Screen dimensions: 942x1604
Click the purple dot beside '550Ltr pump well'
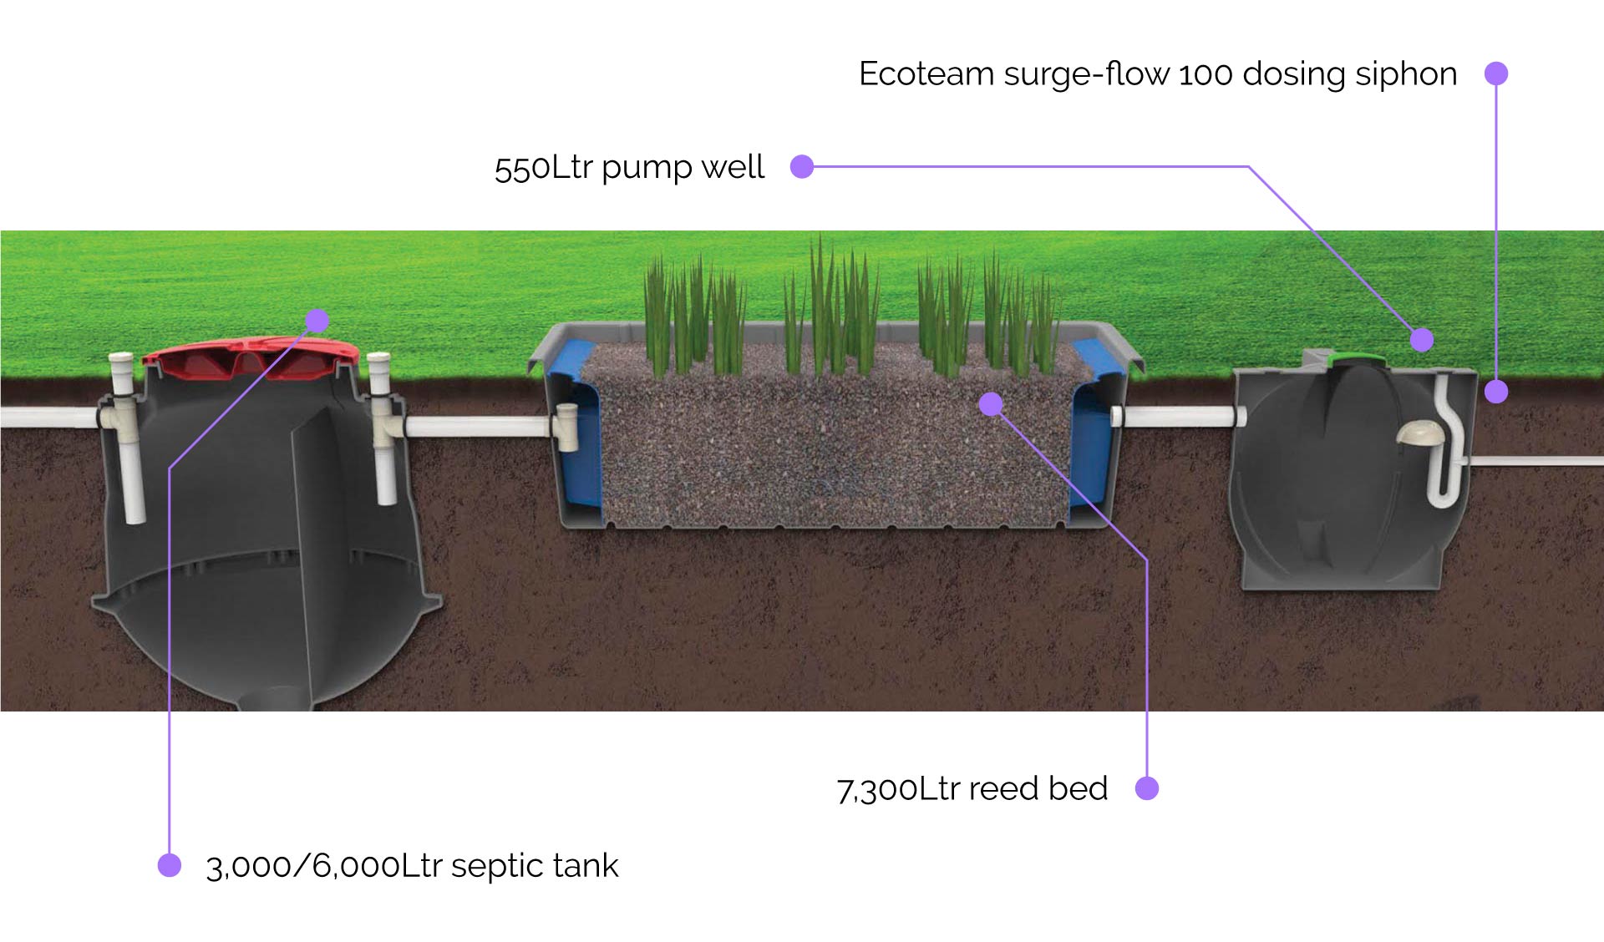[802, 166]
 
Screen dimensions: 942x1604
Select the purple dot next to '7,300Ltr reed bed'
[1147, 788]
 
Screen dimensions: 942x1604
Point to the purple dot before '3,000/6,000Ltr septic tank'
[170, 865]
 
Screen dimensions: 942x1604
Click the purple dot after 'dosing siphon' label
[1496, 73]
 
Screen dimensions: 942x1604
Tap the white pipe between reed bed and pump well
[1178, 416]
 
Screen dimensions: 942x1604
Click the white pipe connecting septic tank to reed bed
[476, 427]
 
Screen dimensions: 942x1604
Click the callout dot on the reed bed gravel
[991, 405]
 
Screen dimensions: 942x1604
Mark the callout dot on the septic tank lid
[317, 321]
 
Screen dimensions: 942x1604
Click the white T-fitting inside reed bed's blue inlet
[567, 425]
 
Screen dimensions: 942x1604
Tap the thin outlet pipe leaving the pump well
[1537, 461]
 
